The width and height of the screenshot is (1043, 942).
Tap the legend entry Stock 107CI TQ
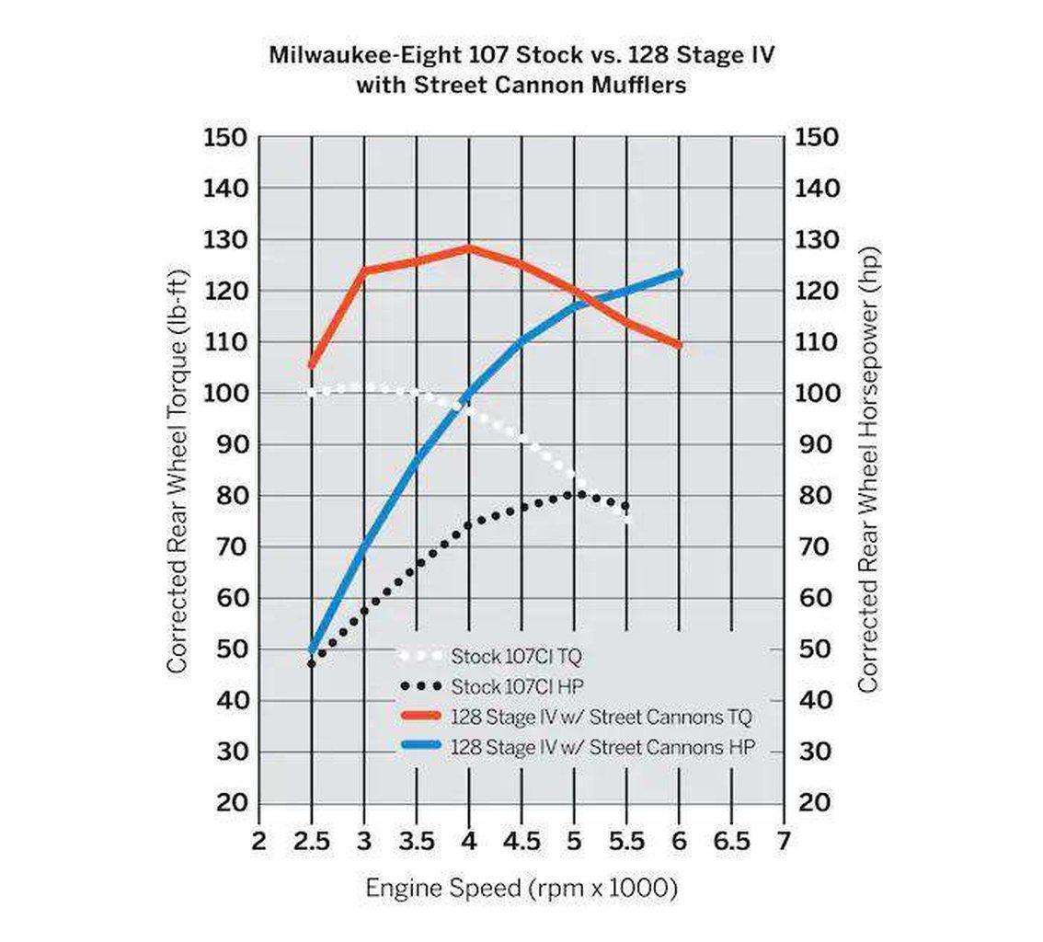point(516,657)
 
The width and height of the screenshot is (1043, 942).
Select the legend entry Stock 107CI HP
point(516,686)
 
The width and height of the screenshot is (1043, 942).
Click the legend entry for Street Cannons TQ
point(602,716)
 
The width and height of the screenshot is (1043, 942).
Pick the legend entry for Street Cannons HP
point(602,747)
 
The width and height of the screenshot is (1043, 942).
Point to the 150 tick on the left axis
point(224,138)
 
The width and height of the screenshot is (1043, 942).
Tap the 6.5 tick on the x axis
point(731,842)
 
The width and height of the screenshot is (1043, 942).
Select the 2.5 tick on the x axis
point(311,842)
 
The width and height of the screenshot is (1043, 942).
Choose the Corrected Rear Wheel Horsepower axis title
point(868,471)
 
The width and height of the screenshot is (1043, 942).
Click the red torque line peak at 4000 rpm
point(469,247)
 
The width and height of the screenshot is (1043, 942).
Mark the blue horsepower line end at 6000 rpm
point(680,272)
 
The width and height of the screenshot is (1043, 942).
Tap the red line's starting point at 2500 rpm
point(311,365)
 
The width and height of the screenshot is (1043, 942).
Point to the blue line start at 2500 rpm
point(312,650)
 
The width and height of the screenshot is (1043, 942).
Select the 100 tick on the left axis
point(224,394)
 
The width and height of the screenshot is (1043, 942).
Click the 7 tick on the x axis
point(784,842)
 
